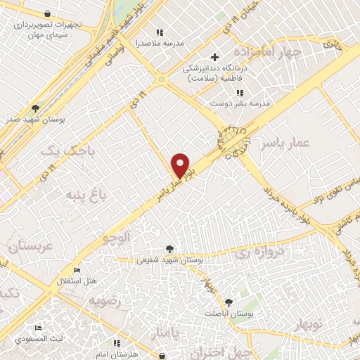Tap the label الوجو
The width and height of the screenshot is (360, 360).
click(x=117, y=237)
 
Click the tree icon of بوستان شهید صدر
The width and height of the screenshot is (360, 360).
click(x=34, y=108)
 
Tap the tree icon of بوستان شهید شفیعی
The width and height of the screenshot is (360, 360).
click(x=169, y=248)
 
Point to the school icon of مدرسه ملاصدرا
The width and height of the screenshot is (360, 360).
click(x=160, y=32)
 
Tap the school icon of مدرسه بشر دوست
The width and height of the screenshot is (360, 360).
click(x=239, y=92)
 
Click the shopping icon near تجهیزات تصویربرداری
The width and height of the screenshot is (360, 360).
click(x=46, y=13)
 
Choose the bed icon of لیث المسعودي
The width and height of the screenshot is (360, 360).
click(x=38, y=328)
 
